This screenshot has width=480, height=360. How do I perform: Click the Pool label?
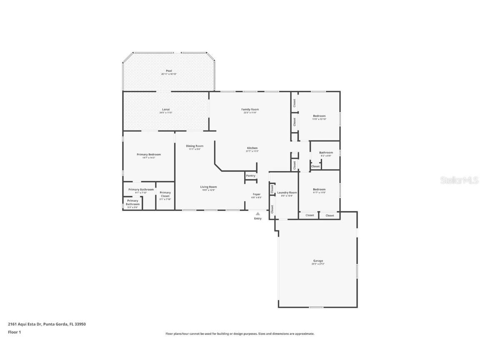[169, 71]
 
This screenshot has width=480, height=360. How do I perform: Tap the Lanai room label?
[166, 110]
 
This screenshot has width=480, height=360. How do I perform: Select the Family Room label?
[250, 110]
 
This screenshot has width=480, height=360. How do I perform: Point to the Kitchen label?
[252, 148]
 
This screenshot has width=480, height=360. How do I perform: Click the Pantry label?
[250, 176]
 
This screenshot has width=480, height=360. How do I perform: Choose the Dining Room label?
[195, 146]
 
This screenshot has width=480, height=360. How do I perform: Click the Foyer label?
[257, 194]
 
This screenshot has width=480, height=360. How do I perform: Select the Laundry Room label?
[287, 192]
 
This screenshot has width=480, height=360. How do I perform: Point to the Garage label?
[318, 261]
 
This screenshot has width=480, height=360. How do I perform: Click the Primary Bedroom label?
[149, 155]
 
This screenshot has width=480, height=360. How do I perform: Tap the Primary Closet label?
[165, 194]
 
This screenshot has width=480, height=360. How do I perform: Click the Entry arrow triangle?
[257, 214]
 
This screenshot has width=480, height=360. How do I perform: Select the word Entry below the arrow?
[258, 219]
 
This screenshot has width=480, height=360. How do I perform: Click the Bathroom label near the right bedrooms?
[326, 152]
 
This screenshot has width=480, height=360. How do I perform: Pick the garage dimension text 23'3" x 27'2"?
[318, 264]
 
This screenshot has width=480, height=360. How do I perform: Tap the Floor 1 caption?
[14, 332]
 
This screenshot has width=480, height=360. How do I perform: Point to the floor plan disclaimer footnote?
[240, 334]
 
